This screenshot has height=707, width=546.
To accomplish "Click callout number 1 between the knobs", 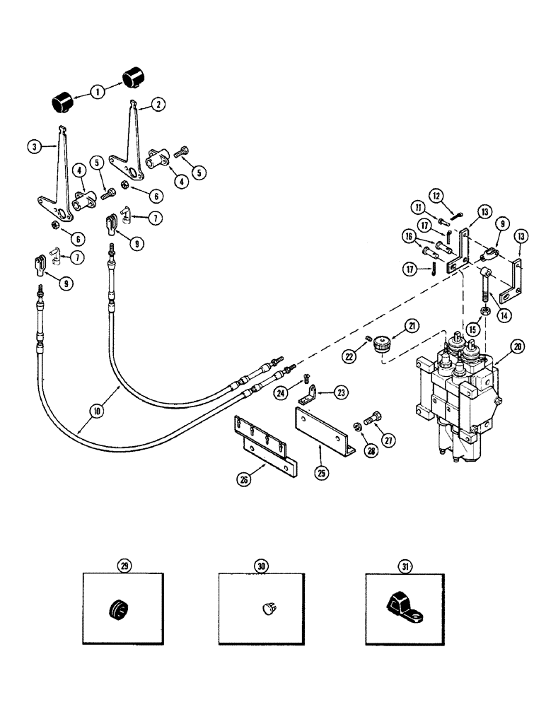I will (98, 90).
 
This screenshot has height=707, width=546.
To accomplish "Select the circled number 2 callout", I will (158, 104).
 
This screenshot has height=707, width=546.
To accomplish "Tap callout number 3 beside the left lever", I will (33, 146).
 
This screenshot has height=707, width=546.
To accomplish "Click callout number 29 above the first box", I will (125, 566).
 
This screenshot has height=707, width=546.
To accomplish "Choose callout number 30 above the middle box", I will (261, 566).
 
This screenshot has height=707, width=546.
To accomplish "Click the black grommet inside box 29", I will (117, 608).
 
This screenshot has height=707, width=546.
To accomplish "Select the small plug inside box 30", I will (267, 607).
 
